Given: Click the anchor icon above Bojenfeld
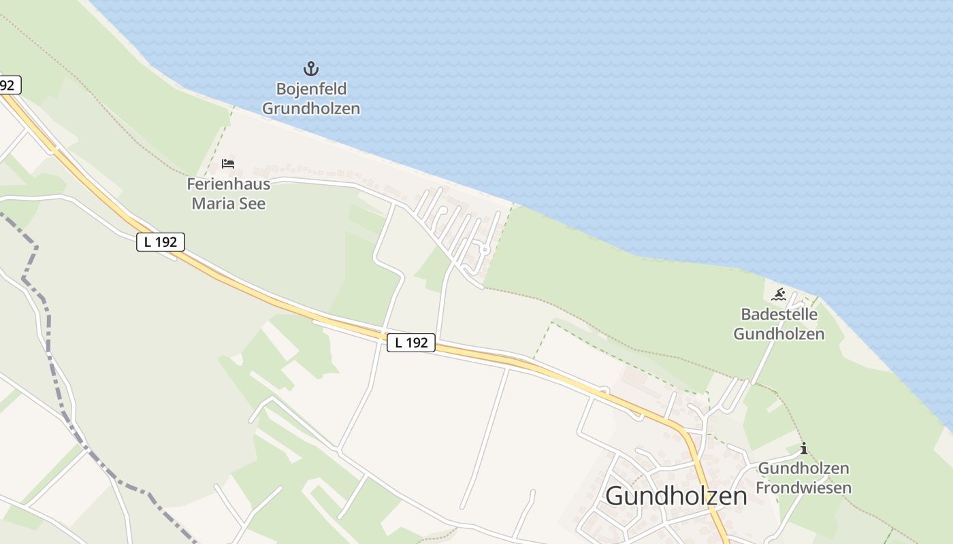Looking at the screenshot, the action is (x=310, y=69).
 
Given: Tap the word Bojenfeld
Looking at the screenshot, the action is (x=311, y=89).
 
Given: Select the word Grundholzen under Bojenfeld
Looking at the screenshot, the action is (x=311, y=108).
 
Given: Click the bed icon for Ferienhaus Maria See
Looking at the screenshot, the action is (x=228, y=164).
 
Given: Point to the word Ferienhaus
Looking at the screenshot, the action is (x=229, y=184).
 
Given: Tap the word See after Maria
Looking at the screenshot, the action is (x=253, y=203).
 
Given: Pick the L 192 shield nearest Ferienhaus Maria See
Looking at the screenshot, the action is (x=161, y=241).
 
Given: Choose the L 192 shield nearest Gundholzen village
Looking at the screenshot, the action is (x=411, y=343).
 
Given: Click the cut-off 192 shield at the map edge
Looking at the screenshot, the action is (x=9, y=85).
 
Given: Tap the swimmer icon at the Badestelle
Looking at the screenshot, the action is (x=779, y=294).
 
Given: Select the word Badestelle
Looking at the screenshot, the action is (x=779, y=315).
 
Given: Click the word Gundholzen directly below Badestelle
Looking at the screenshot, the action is (x=779, y=334).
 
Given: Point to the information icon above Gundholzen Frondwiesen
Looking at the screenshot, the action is (x=804, y=448).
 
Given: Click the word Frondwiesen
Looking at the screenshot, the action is (x=804, y=488).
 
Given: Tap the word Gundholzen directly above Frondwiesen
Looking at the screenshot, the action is (x=804, y=469).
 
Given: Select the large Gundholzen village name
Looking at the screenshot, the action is (x=676, y=496).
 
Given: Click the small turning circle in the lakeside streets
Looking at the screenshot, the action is (x=485, y=250).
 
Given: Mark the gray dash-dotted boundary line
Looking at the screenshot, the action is (x=48, y=326).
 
